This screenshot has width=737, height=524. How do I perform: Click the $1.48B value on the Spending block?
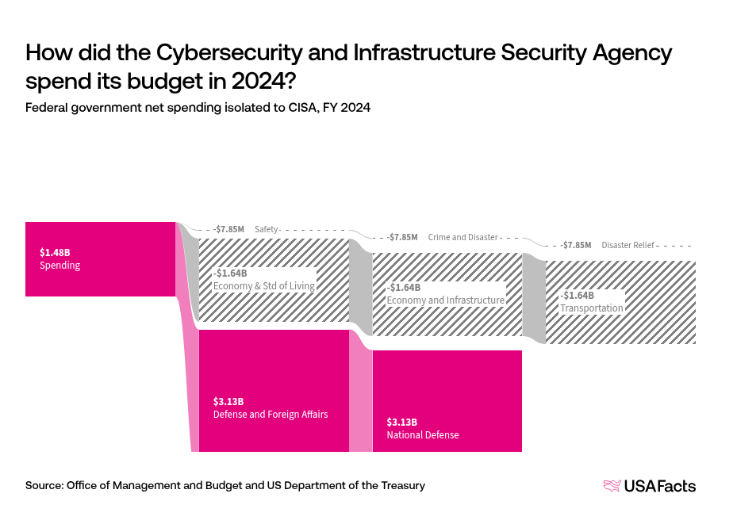point(53,252)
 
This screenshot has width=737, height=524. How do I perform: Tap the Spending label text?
point(59,266)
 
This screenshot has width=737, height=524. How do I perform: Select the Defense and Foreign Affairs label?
point(270,414)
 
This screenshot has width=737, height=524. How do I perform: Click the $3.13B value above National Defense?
point(401,422)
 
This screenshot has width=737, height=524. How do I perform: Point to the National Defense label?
point(422,435)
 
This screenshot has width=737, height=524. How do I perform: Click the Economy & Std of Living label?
point(264,286)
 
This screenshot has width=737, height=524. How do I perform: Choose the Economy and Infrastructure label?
point(445,300)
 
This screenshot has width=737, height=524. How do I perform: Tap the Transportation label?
point(592,308)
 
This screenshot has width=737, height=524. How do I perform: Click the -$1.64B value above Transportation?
point(577,295)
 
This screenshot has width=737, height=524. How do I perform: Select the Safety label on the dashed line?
point(267,229)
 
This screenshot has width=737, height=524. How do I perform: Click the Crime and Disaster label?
point(463,237)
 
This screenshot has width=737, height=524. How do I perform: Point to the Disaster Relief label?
point(628,245)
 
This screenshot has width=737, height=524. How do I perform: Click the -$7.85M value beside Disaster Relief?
point(575,245)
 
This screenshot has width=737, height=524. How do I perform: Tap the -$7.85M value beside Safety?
point(228,229)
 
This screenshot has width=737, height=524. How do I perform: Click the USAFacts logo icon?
point(612,486)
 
